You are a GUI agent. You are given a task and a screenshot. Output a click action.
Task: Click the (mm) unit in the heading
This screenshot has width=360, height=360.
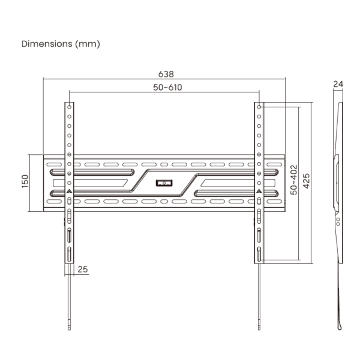88,44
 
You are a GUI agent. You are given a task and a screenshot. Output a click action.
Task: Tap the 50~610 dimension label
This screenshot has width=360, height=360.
166,87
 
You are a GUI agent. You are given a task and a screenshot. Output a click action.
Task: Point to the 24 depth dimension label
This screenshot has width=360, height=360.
338,85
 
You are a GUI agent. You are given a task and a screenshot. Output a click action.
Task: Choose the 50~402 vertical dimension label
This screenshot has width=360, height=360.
293,181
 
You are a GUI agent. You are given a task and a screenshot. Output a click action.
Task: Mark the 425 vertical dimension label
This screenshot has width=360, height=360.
307,181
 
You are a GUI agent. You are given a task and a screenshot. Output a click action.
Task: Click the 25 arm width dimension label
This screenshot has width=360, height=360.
83,269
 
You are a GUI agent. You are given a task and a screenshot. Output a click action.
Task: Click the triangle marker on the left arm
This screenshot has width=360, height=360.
69,191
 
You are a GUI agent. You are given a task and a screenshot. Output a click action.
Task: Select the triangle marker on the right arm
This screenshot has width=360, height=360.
259,191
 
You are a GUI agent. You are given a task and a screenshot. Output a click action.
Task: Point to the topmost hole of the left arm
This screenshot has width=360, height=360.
69,107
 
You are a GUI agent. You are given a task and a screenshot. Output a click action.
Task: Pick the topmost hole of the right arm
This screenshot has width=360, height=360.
259,107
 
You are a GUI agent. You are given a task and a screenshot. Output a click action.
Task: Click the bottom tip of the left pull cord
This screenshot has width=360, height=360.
69,328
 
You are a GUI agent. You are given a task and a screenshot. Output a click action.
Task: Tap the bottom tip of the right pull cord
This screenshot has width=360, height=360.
259,328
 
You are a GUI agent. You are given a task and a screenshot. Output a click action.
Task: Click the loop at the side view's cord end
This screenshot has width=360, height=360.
340,325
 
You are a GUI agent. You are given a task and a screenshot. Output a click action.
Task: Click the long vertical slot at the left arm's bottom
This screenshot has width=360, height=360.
69,254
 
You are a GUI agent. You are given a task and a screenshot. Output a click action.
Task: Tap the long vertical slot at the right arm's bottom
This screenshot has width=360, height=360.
259,254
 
